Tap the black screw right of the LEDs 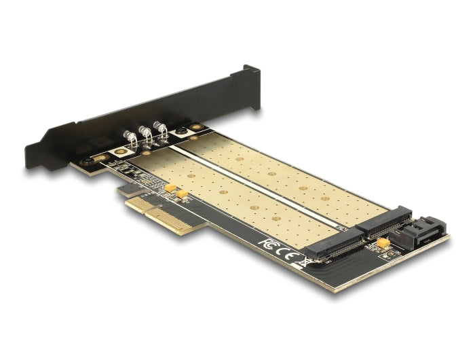(x=181, y=131)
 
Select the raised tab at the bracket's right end (x=250, y=75)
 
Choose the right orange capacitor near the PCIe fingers (x=181, y=194)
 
